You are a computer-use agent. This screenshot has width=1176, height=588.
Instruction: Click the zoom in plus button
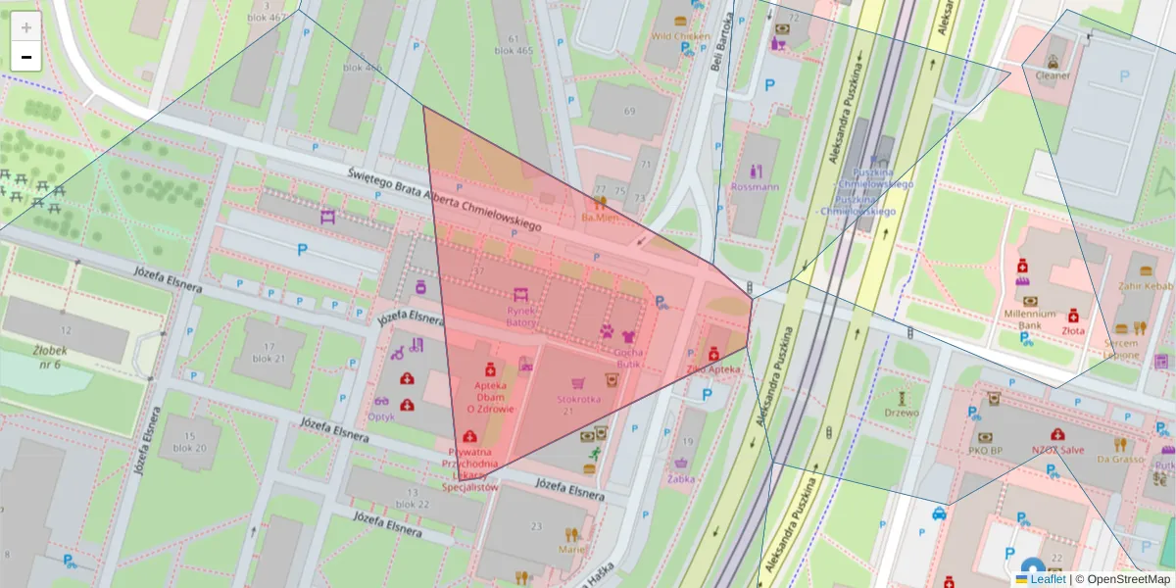26,27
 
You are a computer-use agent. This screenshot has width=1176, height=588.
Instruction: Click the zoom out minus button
26,57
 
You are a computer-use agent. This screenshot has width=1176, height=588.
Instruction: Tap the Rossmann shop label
755,186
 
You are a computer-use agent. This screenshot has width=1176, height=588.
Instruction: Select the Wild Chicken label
680,36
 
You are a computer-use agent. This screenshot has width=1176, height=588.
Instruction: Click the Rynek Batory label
520,317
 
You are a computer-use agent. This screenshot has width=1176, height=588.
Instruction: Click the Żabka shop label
681,479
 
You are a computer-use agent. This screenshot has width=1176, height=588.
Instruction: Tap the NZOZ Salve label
1057,450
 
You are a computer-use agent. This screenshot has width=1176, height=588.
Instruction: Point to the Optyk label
380,416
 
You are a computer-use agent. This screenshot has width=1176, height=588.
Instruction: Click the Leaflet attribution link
1048,579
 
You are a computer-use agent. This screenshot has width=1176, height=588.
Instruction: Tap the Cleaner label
1053,74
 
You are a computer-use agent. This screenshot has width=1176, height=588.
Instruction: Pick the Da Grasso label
1120,459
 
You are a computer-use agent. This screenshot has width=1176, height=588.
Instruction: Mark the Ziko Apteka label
712,369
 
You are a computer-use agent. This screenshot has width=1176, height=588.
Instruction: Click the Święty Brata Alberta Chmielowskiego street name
445,200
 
